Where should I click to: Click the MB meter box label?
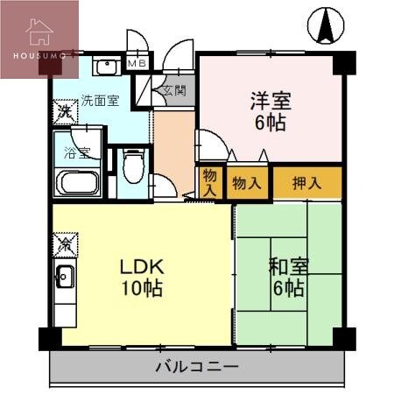[137, 63]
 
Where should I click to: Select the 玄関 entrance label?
[172, 90]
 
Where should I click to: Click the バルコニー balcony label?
[197, 366]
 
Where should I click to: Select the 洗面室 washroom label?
[99, 101]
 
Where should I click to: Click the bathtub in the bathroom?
[78, 184]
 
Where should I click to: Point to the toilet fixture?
[132, 167]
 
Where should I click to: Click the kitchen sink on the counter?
[64, 279]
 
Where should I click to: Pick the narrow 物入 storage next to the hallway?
[209, 183]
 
